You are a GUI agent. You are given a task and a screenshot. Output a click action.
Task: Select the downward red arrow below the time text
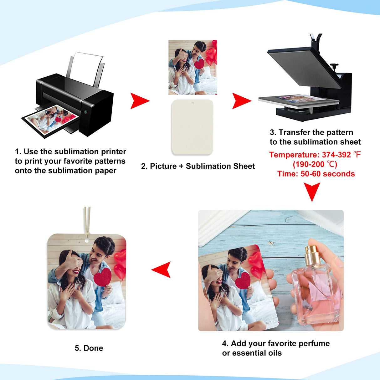point(312,191)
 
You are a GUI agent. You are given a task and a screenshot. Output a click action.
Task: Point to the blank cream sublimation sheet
point(193,127)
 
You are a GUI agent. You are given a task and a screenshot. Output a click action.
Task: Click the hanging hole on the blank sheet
point(193,103)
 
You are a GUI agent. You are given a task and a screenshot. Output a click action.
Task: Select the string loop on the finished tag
point(87,222)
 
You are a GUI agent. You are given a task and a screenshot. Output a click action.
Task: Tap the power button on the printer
point(85,112)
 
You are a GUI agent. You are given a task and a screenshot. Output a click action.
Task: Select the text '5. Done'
point(89,348)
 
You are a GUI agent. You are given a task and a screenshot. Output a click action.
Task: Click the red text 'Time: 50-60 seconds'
point(316,174)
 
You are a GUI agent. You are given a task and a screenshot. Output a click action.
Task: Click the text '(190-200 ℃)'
point(315,164)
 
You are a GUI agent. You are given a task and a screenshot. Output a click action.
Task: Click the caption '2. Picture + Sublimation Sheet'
point(198,166)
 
